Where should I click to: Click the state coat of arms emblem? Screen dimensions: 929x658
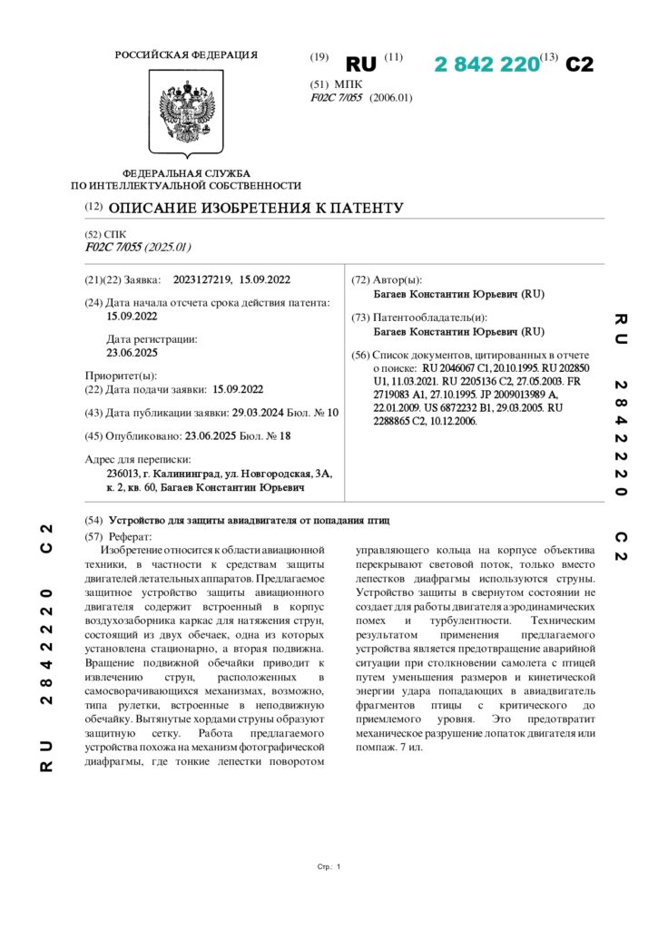(x=186, y=114)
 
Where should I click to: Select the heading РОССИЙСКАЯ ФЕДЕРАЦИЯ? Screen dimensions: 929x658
(x=186, y=55)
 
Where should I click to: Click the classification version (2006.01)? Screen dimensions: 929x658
(x=390, y=97)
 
